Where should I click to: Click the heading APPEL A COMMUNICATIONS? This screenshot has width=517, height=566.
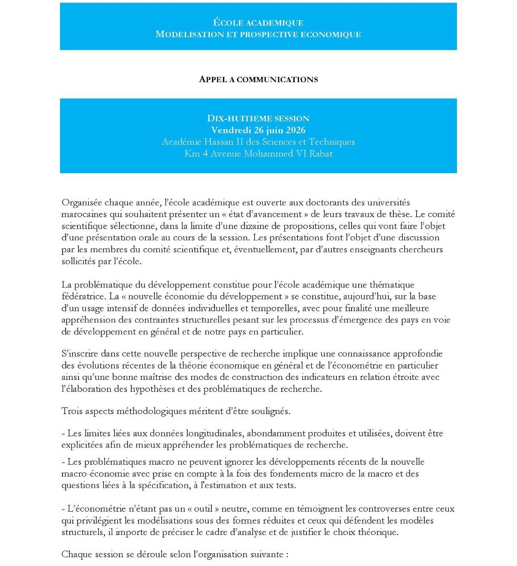click(258, 79)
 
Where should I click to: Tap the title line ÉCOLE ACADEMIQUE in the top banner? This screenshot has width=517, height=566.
click(258, 23)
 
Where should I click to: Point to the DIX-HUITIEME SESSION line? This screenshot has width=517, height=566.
click(258, 119)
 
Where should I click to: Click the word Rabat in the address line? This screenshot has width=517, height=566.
click(321, 154)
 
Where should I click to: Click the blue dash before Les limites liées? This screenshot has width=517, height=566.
click(63, 433)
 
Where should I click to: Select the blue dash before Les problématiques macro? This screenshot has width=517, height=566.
click(63, 462)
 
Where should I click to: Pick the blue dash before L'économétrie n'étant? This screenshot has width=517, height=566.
click(63, 509)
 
